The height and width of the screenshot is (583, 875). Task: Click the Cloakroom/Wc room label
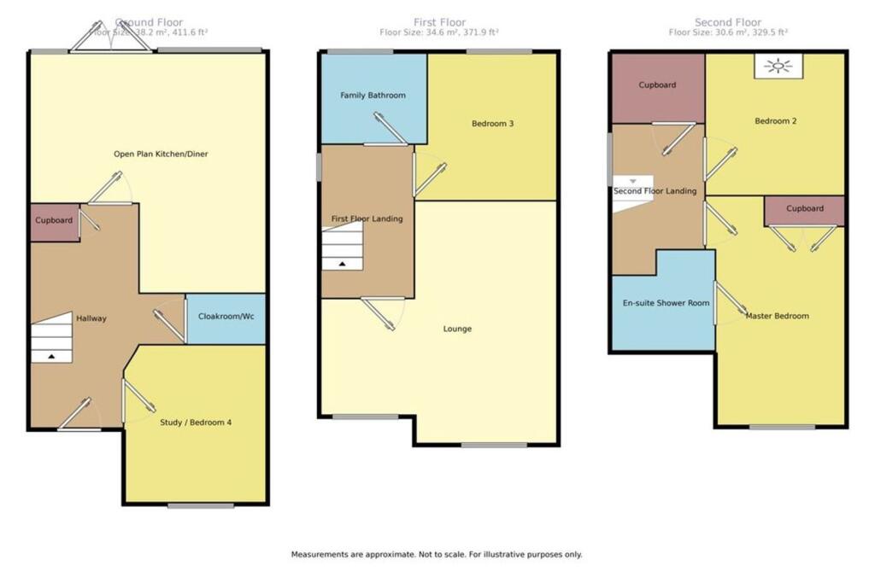[226, 317]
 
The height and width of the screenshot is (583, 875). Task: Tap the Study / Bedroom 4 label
[196, 422]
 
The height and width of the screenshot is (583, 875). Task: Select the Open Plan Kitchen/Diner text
[161, 154]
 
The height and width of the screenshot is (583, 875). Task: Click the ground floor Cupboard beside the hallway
[54, 221]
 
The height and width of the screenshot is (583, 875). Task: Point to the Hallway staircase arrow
[52, 357]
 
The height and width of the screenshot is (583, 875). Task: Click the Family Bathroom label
[373, 96]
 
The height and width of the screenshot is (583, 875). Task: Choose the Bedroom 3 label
[492, 124]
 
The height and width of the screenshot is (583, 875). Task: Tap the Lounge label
[457, 329]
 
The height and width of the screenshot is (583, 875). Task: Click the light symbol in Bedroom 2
[778, 67]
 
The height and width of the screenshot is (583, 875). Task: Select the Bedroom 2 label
[775, 121]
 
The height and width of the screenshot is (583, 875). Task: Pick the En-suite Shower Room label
[662, 302]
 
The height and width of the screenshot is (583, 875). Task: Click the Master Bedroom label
[777, 316]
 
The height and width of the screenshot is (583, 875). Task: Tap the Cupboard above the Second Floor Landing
[657, 85]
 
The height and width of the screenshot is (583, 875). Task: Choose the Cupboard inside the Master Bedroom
[804, 209]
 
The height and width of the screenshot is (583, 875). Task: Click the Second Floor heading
[727, 22]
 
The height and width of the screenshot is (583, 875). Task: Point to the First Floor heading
[439, 22]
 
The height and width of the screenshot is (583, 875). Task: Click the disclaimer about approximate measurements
[437, 554]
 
